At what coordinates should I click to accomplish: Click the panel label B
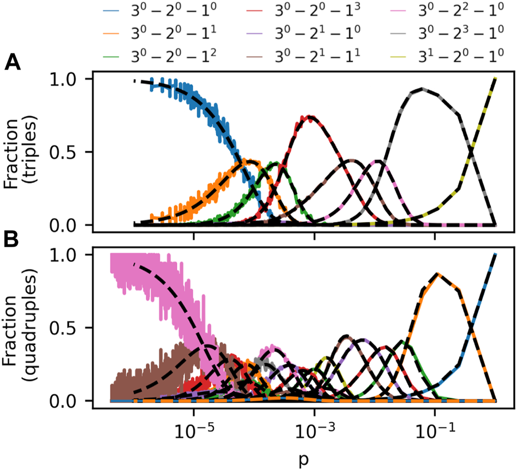[x=12, y=240]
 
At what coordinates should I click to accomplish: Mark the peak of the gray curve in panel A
[x=423, y=88]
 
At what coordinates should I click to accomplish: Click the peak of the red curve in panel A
[x=308, y=116]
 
